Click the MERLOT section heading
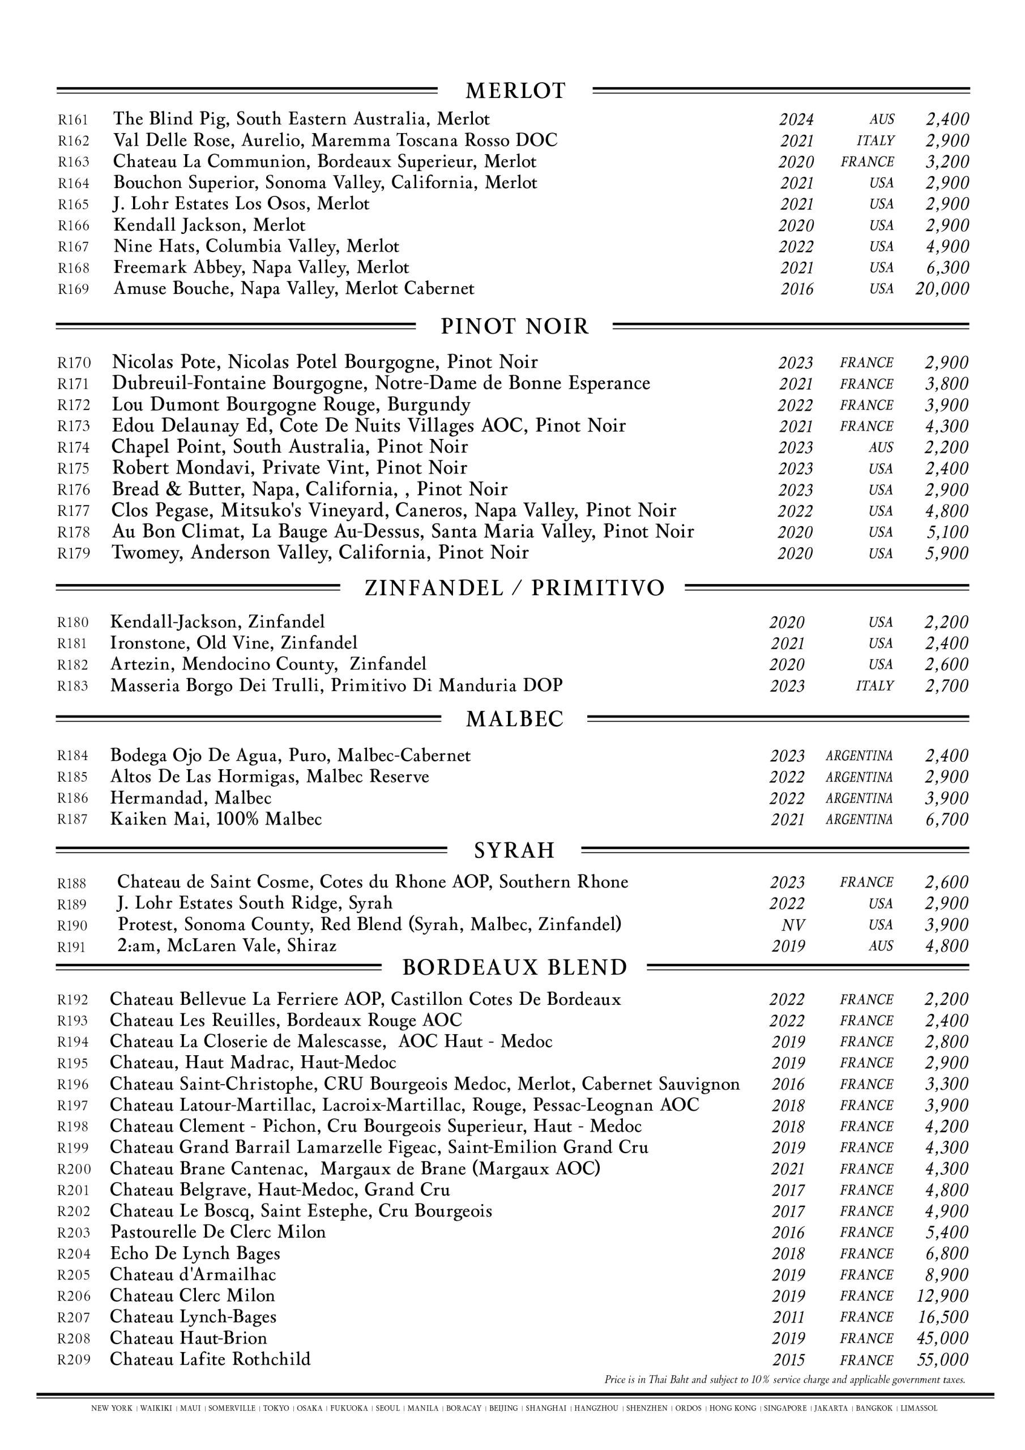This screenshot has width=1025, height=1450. coord(515,91)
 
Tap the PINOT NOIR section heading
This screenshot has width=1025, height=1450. coord(514,326)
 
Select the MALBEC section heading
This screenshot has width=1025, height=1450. coord(514,719)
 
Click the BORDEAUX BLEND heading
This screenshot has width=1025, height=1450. coord(514,967)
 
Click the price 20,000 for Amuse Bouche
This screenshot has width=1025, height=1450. coord(942,289)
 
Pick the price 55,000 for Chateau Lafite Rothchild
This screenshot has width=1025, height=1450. coord(942,1360)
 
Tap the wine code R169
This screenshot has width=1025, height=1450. coord(73,289)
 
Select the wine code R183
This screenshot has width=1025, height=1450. coord(72,686)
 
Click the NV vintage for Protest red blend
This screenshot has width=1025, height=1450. coord(793,925)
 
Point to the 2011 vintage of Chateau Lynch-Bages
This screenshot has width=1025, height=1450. coord(788,1317)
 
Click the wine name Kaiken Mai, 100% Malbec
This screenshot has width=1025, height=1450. coord(216,819)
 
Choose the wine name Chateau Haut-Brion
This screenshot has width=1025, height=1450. coord(188,1338)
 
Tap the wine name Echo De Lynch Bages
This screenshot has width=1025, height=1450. coord(194,1253)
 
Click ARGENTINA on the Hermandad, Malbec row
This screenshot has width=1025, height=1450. coord(859,798)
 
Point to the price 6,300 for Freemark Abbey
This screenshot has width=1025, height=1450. coord(947,268)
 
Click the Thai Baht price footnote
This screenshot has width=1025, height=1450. coord(784,1380)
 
